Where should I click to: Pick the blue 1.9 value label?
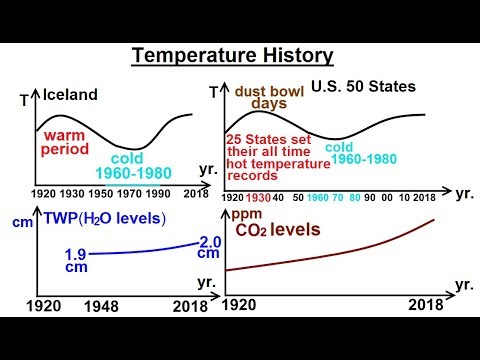76,255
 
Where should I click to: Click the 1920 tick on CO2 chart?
244,305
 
